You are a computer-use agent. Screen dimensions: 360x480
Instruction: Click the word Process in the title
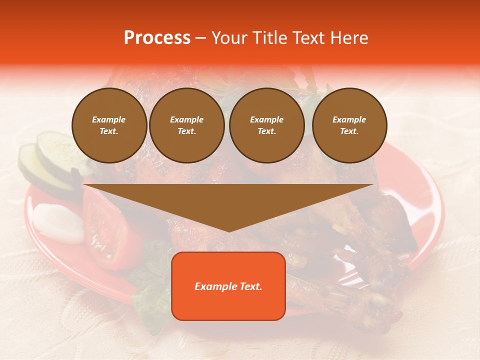click(x=157, y=38)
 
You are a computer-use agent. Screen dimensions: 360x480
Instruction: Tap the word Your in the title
click(x=229, y=38)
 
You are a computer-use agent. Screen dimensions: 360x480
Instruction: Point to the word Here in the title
click(x=350, y=38)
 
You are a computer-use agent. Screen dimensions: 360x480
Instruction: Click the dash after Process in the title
click(x=200, y=38)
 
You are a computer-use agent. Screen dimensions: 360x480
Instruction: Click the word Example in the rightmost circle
click(x=349, y=119)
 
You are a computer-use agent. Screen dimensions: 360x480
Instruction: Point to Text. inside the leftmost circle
click(x=109, y=131)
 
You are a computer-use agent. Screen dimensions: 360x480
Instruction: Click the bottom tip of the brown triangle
click(x=228, y=230)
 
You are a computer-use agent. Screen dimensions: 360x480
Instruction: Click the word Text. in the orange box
click(x=249, y=286)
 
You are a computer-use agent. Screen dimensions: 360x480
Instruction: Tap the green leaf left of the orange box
click(x=150, y=295)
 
